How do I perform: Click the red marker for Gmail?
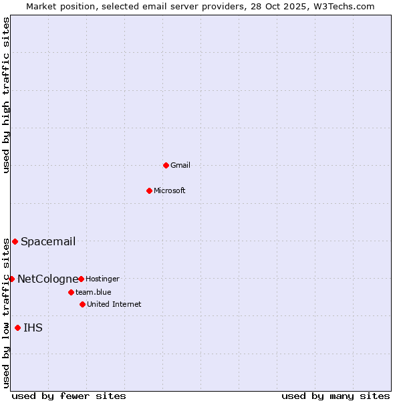tap(166, 165)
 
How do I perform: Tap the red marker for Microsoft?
tap(149, 190)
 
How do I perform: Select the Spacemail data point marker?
tap(15, 241)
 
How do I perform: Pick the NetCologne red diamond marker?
tap(11, 279)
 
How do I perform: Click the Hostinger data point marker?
tap(81, 279)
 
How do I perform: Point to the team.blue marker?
tap(71, 292)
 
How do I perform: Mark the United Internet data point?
tap(82, 304)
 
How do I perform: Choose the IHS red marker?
tap(17, 327)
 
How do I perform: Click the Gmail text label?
tap(180, 165)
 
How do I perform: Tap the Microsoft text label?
tap(170, 190)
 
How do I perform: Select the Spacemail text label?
tap(48, 241)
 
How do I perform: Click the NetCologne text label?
tap(47, 279)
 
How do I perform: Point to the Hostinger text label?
tap(102, 279)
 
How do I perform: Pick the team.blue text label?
tap(94, 292)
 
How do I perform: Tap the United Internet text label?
tap(114, 304)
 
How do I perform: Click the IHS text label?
tap(33, 327)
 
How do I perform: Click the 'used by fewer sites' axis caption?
tap(69, 396)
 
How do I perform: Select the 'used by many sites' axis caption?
tap(336, 396)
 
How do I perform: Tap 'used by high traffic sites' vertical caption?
tap(6, 95)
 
